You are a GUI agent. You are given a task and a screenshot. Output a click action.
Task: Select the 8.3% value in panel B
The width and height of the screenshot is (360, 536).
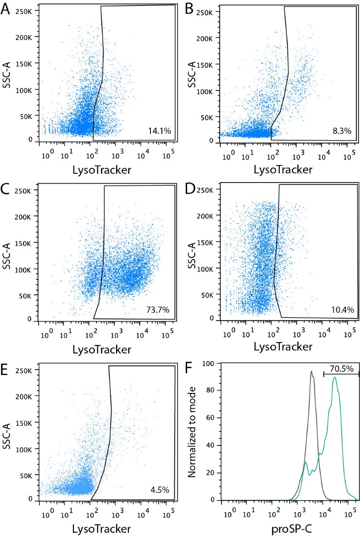[x=342, y=131]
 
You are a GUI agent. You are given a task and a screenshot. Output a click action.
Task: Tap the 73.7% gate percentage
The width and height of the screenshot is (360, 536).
[x=158, y=310]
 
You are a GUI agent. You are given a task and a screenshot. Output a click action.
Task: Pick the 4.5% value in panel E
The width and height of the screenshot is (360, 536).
[x=160, y=490]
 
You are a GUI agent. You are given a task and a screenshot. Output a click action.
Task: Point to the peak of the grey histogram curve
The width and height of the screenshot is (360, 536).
[x=311, y=371]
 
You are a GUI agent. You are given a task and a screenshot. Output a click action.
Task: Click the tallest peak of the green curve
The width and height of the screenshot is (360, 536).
[x=335, y=377]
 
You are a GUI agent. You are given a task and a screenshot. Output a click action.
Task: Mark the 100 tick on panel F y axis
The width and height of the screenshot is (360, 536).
[x=210, y=364]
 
